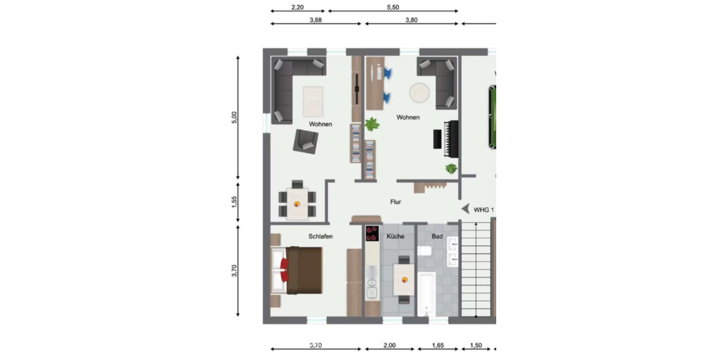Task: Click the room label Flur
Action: pyautogui.click(x=395, y=202)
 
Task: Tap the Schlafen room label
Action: pyautogui.click(x=320, y=236)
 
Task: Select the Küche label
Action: pyautogui.click(x=395, y=236)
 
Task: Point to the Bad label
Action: pyautogui.click(x=437, y=236)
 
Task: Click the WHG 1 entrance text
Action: pyautogui.click(x=484, y=209)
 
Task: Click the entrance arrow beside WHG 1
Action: pyautogui.click(x=465, y=209)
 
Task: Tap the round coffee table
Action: pyautogui.click(x=419, y=93)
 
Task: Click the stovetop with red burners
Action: pyautogui.click(x=372, y=233)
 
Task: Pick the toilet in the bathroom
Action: pyautogui.click(x=424, y=251)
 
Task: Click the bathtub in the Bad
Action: pyautogui.click(x=425, y=294)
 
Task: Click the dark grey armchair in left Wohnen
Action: pyautogui.click(x=305, y=141)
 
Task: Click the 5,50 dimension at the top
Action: pyautogui.click(x=393, y=7)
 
